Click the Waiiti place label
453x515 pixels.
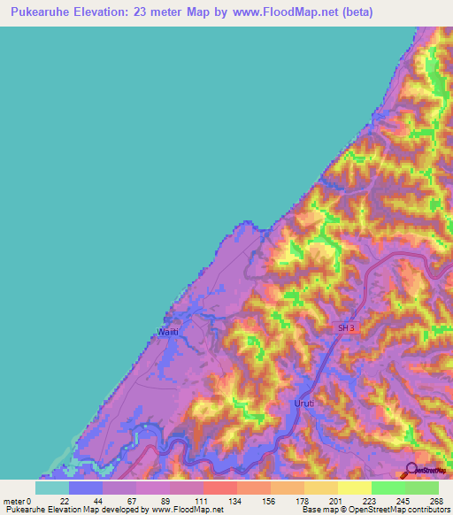pos(169,332)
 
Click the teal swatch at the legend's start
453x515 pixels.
pos(52,487)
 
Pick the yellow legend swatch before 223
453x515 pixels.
pos(355,487)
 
